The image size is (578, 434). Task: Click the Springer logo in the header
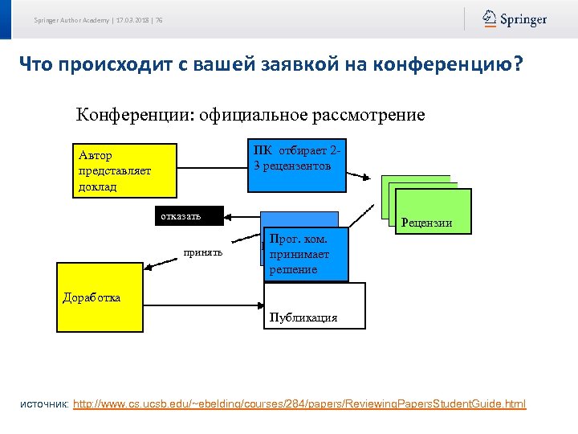click(515, 19)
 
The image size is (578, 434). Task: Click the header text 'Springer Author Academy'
click(71, 20)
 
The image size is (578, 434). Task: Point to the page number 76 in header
click(159, 20)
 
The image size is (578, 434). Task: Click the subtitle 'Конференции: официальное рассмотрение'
click(250, 114)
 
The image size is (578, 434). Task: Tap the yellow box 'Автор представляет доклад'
click(125, 170)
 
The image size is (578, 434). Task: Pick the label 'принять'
click(202, 252)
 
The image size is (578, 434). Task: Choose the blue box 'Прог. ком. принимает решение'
click(306, 254)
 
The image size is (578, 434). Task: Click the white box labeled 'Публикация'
click(314, 306)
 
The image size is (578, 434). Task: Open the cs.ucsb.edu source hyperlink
click(299, 403)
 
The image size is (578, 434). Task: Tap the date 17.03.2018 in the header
click(132, 20)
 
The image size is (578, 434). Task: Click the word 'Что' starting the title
click(37, 63)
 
